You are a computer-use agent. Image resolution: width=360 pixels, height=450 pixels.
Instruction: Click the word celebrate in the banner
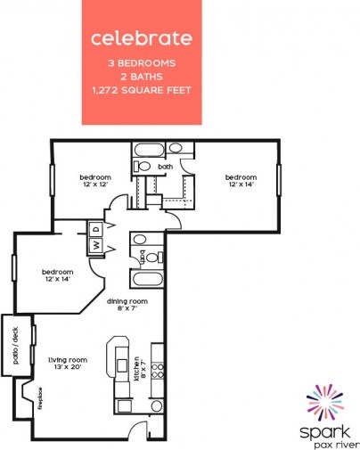141,38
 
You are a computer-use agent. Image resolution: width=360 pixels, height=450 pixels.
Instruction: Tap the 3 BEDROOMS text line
142,64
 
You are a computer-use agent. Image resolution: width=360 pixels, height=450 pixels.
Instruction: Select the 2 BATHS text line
142,78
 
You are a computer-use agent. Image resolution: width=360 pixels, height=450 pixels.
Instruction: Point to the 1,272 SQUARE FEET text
142,91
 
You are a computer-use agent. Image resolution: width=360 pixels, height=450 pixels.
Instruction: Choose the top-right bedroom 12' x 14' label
240,179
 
